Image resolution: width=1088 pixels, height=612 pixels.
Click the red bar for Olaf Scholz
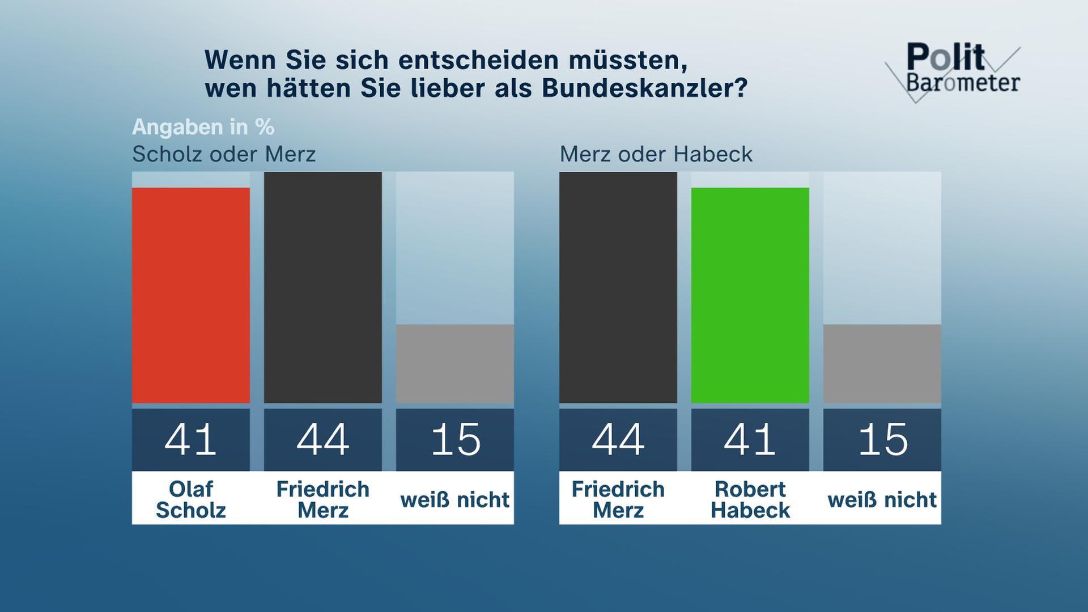191,295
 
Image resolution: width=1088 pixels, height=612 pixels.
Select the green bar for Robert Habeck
750,295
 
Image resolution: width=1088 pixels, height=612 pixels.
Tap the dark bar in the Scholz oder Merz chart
323,287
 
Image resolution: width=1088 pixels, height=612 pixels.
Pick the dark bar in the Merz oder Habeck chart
618,287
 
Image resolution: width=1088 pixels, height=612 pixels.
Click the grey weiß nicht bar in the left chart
455,364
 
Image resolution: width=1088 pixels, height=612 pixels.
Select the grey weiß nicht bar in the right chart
882,364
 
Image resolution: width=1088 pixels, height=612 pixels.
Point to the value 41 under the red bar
191,440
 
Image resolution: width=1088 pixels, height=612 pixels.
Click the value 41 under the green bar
750,440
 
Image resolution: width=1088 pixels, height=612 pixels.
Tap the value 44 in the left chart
323,440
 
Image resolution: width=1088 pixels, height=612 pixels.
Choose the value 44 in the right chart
618,440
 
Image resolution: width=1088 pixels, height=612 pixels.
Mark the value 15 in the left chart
455,440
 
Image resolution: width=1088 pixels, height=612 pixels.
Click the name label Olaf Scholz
191,499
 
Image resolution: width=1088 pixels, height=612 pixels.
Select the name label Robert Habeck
750,499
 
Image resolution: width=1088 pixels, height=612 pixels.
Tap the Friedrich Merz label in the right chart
618,499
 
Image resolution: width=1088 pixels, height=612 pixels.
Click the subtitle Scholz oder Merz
224,154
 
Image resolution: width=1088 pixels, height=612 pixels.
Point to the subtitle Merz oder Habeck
656,154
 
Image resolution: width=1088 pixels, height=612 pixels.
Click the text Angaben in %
203,127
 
